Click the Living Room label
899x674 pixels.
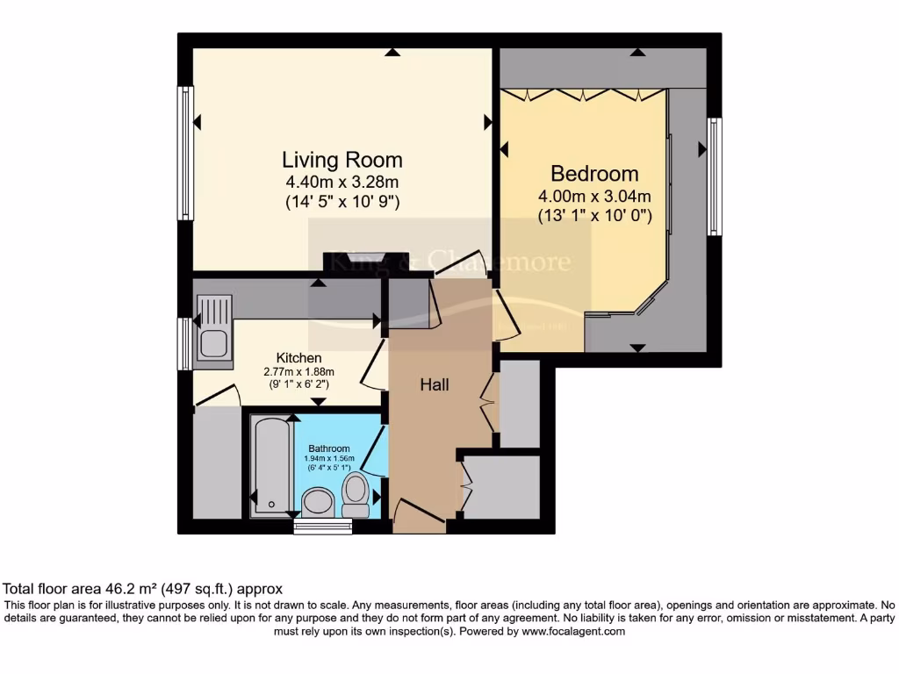point(342,160)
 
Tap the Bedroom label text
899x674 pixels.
point(594,173)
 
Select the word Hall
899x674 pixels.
point(435,384)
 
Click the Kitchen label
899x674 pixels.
point(298,358)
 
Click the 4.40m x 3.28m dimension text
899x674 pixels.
point(342,183)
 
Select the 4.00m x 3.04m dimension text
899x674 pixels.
point(594,196)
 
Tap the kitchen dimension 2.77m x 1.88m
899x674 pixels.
point(298,371)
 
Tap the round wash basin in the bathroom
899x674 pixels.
point(317,502)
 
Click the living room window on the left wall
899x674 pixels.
point(185,153)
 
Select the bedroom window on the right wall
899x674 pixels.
point(715,176)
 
